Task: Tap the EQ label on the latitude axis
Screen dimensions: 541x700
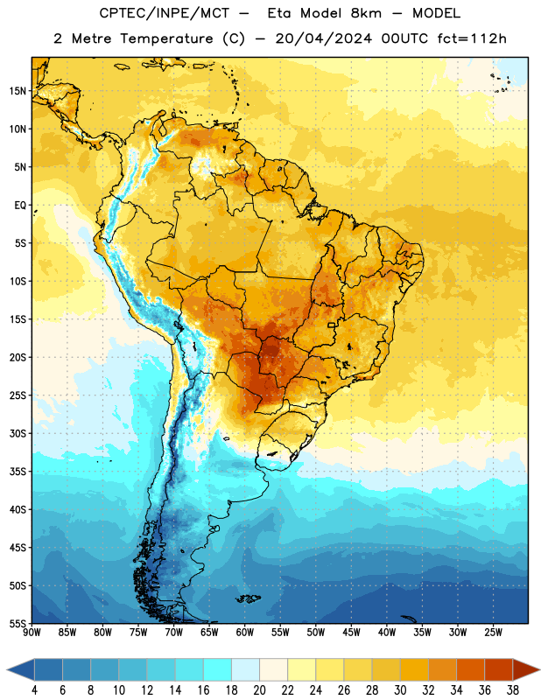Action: point(20,206)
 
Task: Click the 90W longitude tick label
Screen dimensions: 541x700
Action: point(32,633)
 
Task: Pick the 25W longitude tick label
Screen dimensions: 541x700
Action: point(493,633)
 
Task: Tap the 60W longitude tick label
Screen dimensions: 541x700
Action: point(245,633)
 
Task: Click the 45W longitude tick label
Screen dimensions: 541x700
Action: point(351,633)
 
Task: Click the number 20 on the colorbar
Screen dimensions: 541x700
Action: point(259,690)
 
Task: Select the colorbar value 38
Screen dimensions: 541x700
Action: point(513,690)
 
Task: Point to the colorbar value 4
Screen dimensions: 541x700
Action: point(34,690)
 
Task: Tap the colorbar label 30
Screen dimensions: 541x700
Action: point(400,690)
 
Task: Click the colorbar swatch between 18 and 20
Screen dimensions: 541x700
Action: point(245,669)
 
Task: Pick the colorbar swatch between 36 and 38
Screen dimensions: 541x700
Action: point(499,669)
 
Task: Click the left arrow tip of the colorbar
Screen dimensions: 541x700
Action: point(7,669)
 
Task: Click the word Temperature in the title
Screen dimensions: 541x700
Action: point(166,38)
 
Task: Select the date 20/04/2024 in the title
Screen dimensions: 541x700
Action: point(323,38)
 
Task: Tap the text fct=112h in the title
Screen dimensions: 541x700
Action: point(472,38)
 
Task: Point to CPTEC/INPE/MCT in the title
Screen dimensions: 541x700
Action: point(165,14)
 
